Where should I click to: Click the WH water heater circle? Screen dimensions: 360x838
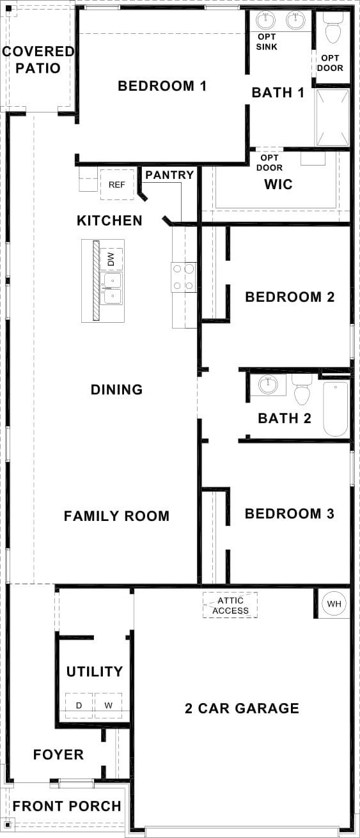click(334, 603)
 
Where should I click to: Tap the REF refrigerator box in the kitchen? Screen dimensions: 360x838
click(117, 185)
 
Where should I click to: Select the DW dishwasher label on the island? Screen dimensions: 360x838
click(111, 259)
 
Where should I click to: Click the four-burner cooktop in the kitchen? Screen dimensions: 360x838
click(184, 277)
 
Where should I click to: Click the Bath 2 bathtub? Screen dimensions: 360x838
click(336, 408)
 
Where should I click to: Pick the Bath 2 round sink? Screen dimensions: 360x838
click(269, 385)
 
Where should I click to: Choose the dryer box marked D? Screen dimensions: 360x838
click(79, 706)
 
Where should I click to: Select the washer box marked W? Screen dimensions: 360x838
click(109, 706)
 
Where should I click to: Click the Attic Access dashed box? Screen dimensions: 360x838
click(230, 605)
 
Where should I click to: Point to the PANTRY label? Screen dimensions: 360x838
click(169, 175)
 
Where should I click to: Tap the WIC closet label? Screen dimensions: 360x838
click(278, 184)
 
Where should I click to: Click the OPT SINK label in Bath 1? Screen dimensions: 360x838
click(267, 42)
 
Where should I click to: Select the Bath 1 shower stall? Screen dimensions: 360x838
click(333, 118)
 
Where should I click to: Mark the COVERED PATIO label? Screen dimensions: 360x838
click(38, 59)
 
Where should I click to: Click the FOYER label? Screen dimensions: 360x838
click(58, 754)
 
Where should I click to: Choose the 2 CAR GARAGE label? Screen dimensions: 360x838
click(242, 708)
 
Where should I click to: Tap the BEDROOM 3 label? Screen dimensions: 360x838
click(289, 514)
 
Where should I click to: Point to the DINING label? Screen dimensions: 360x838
click(117, 389)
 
